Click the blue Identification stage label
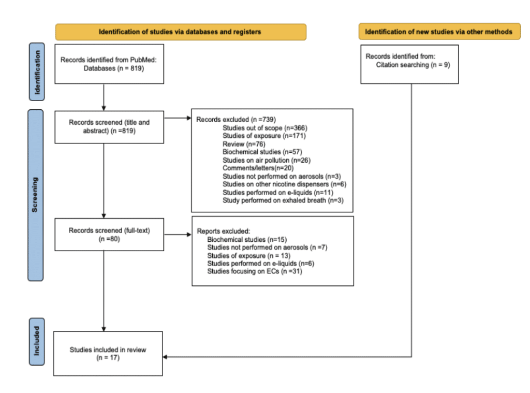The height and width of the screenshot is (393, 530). (37, 71)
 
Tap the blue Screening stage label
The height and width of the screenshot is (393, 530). (36, 195)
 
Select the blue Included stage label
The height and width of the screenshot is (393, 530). (37, 342)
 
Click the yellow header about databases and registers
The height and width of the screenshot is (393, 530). (181, 32)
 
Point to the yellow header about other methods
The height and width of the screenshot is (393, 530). (439, 32)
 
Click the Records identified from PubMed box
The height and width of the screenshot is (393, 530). (109, 64)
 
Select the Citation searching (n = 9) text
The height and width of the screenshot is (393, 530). (413, 65)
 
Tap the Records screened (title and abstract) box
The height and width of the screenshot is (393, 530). (109, 127)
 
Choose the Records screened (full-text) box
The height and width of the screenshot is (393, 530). (109, 235)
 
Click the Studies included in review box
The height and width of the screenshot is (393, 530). (108, 354)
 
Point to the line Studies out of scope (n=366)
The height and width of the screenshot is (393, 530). (265, 128)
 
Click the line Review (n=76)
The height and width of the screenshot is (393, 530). (244, 144)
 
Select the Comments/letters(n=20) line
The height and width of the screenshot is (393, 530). (258, 168)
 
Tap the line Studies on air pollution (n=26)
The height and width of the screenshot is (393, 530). (267, 161)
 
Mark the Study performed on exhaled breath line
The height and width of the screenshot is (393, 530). (283, 200)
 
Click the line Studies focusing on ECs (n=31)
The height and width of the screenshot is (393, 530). (255, 271)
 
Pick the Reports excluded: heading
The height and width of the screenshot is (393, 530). (224, 231)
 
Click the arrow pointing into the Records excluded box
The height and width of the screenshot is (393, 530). (178, 118)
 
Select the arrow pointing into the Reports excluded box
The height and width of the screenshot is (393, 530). (178, 235)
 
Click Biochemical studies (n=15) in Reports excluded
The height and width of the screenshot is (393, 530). (247, 239)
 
